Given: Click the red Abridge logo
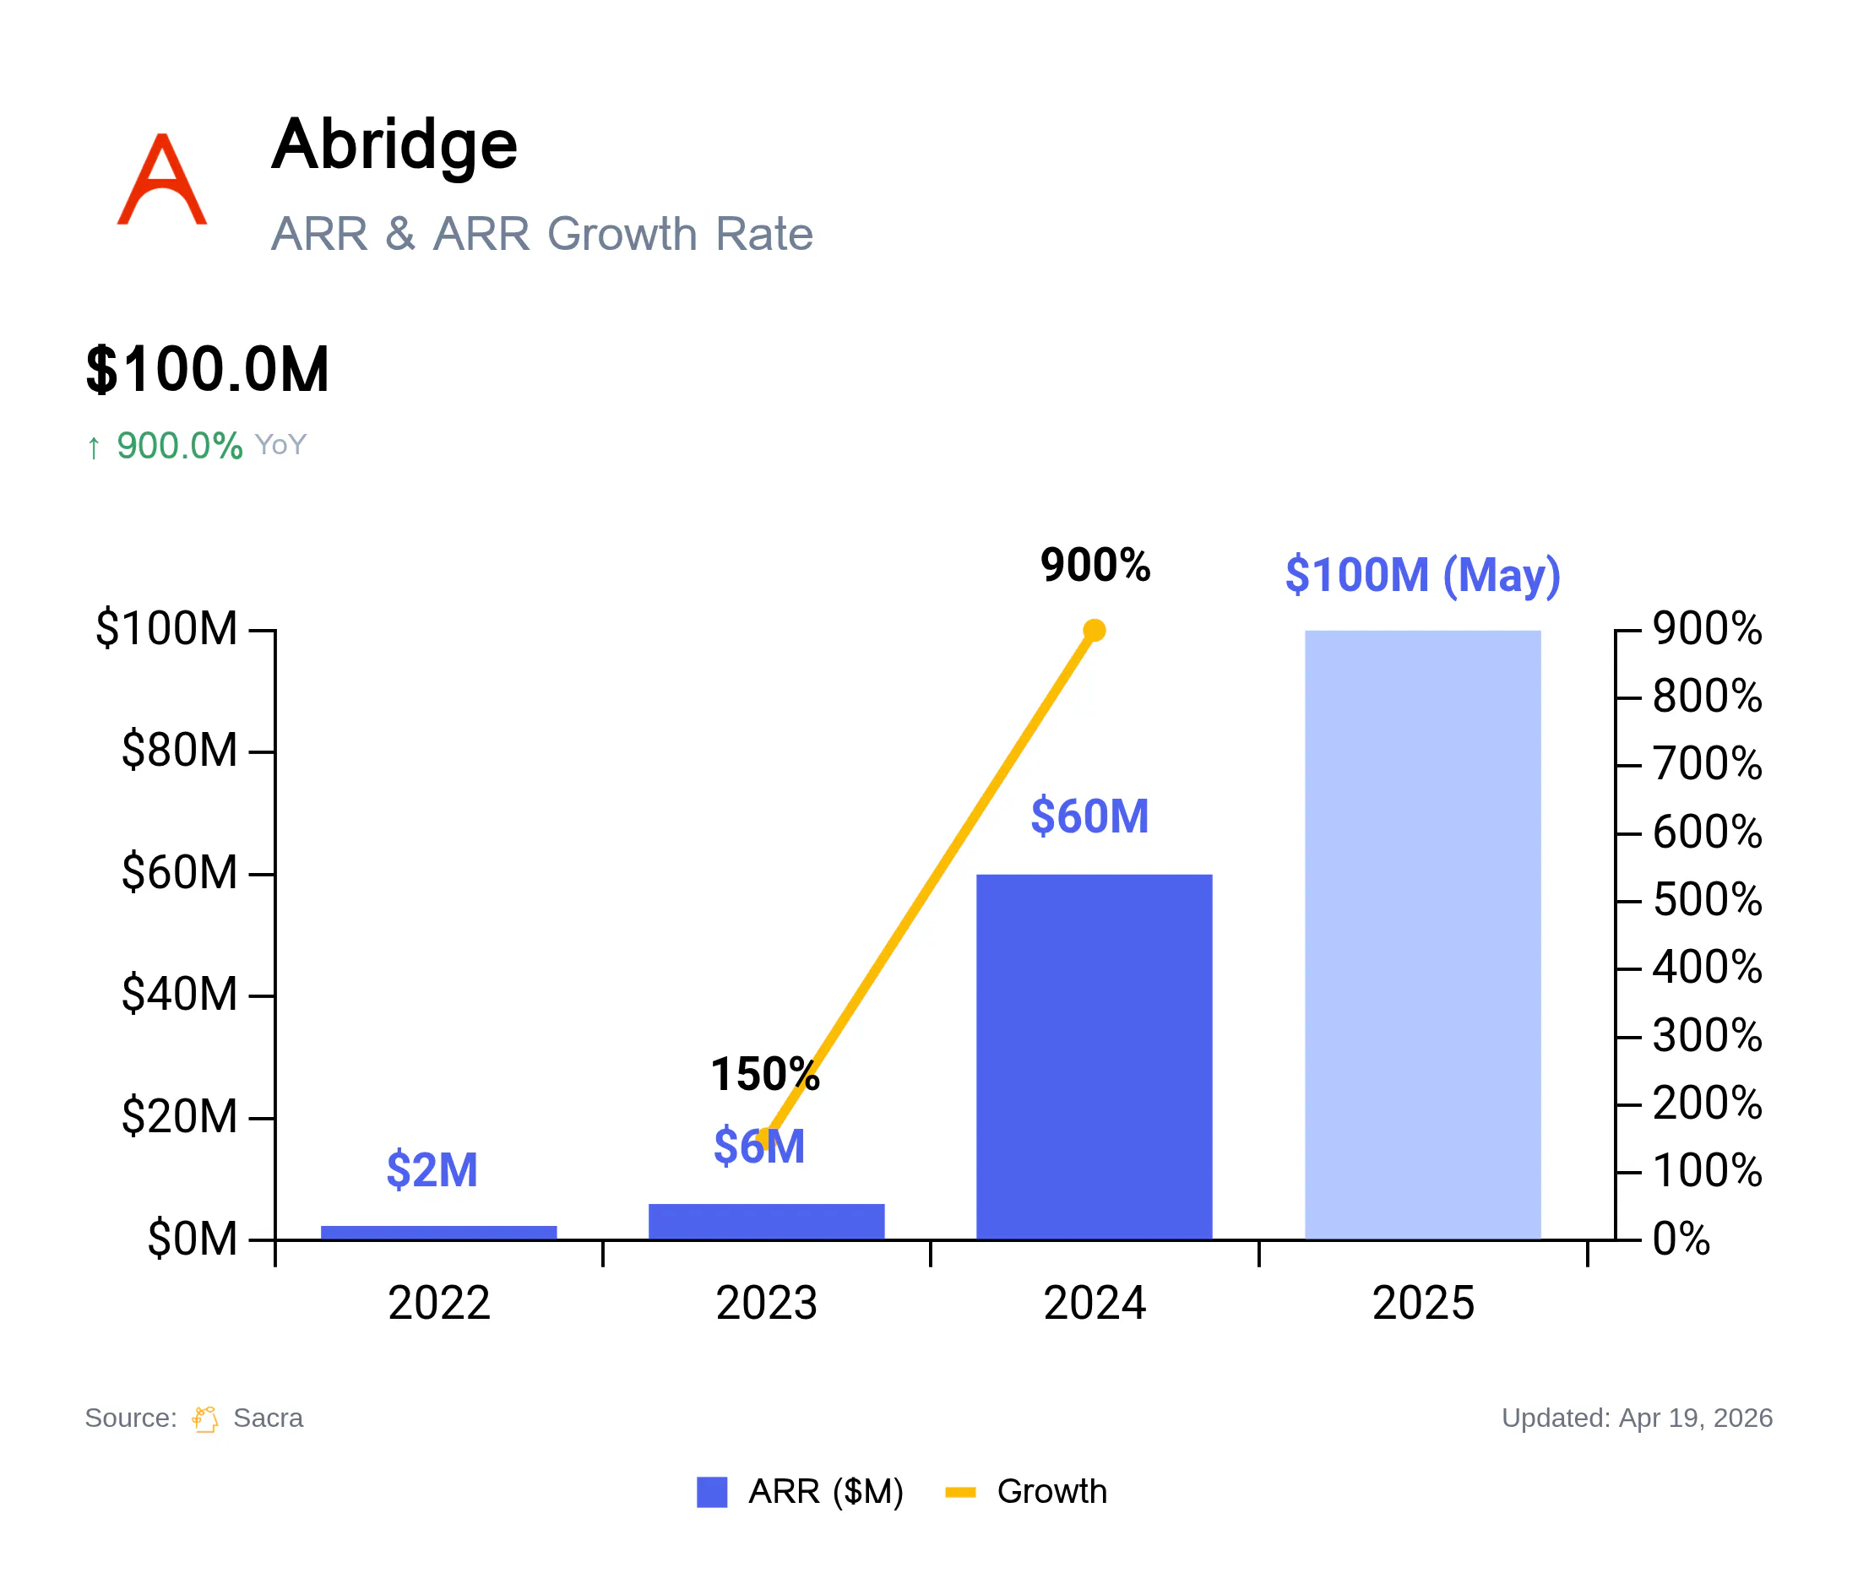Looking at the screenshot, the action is (162, 178).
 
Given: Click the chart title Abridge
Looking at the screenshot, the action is (394, 146).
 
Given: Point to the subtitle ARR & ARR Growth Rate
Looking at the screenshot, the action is (542, 234).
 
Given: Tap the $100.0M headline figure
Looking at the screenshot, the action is (208, 369).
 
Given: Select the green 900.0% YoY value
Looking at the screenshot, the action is (179, 446).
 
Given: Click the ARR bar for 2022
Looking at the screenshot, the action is (438, 1233).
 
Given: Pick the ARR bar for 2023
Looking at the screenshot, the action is (767, 1222).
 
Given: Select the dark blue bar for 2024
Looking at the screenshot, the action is (1094, 1056).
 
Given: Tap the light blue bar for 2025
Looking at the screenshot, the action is (1422, 935).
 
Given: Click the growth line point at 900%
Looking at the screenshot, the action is (1094, 630).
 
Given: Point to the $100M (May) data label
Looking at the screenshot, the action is (1423, 575).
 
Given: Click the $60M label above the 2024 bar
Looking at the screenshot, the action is (1089, 816).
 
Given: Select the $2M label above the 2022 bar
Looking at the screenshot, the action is (432, 1170).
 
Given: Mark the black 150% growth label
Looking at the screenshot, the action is (765, 1074).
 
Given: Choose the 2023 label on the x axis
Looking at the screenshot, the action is (767, 1303).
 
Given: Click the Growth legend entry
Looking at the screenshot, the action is (1027, 1491).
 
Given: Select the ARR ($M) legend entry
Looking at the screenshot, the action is (800, 1491).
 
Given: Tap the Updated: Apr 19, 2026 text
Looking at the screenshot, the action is (1637, 1418).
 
